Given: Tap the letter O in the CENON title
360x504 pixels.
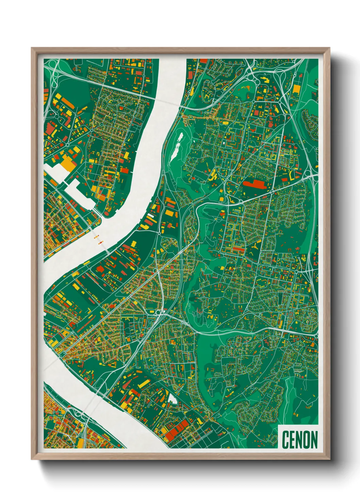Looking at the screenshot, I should click(x=305, y=440).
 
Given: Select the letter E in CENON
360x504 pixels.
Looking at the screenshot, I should click(x=292, y=440).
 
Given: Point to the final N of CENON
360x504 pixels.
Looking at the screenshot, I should click(x=314, y=440).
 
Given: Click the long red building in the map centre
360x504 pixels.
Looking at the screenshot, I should click(x=256, y=185).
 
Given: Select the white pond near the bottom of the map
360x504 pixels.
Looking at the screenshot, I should click(x=173, y=399).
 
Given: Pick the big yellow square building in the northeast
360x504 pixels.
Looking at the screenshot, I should click(x=297, y=89).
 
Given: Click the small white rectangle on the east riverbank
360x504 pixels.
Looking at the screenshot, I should click(x=150, y=215).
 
